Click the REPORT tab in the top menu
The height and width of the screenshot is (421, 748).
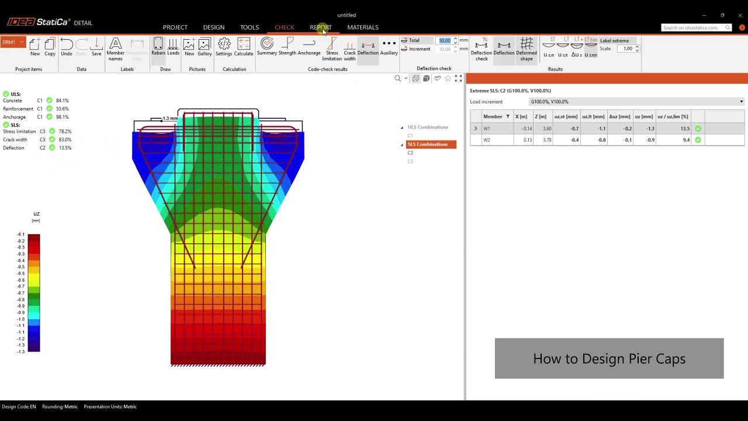pyautogui.click(x=320, y=27)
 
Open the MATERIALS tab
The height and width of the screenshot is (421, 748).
pyautogui.click(x=362, y=27)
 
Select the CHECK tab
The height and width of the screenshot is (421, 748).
pyautogui.click(x=284, y=27)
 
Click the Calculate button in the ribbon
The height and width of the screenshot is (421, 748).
pyautogui.click(x=244, y=47)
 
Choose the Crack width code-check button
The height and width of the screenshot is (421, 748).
pyautogui.click(x=349, y=48)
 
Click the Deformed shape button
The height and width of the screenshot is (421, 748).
pyautogui.click(x=526, y=48)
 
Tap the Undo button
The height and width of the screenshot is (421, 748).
pyautogui.click(x=67, y=47)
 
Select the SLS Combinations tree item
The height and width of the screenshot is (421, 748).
pyautogui.click(x=428, y=144)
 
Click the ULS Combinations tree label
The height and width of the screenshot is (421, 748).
pyautogui.click(x=428, y=127)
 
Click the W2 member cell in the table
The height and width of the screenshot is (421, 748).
pyautogui.click(x=487, y=140)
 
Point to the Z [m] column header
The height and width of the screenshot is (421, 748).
pyautogui.click(x=540, y=116)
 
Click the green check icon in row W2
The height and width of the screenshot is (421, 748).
pyautogui.click(x=698, y=140)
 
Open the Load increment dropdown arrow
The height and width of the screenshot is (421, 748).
pyautogui.click(x=741, y=102)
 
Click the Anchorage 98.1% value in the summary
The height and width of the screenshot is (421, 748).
pyautogui.click(x=62, y=117)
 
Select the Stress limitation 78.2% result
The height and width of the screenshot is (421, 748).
pyautogui.click(x=64, y=132)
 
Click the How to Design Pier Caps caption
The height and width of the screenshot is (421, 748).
pyautogui.click(x=609, y=358)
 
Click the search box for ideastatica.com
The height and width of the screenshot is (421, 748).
pyautogui.click(x=692, y=27)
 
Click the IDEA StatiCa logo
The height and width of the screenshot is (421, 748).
pyautogui.click(x=39, y=22)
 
